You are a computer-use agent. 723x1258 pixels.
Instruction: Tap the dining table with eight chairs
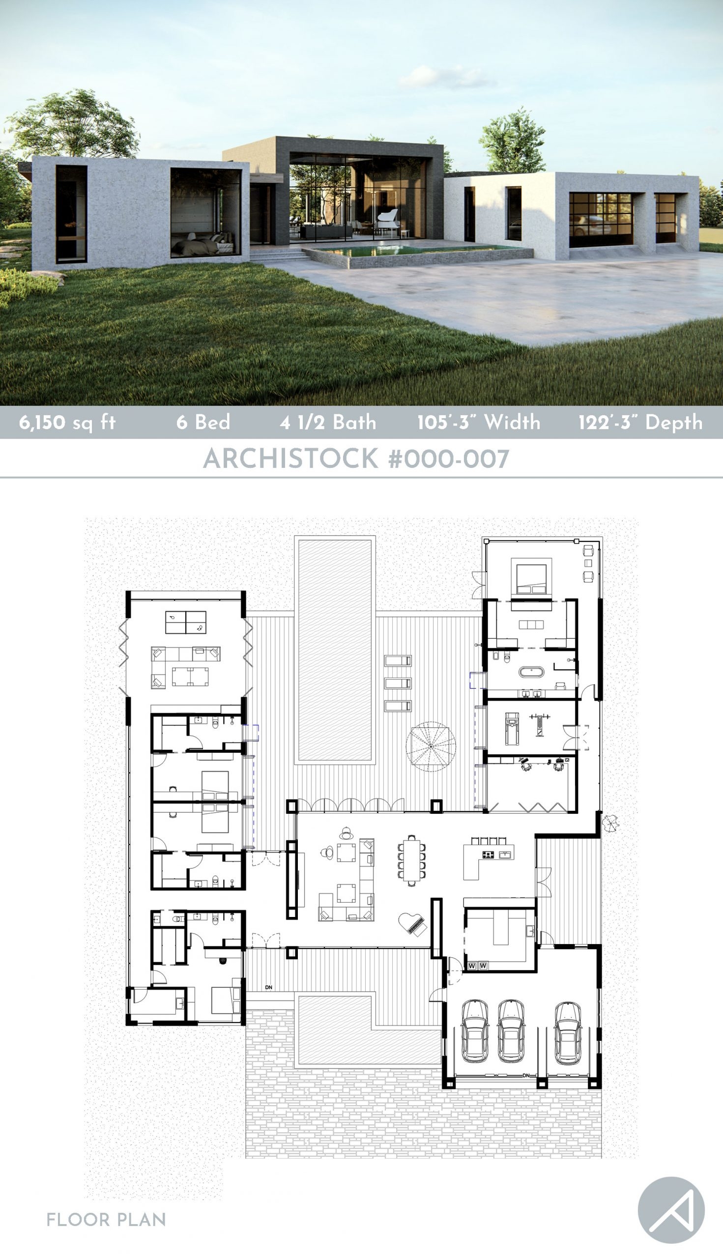tap(411, 861)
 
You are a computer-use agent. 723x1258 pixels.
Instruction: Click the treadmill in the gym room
tap(512, 728)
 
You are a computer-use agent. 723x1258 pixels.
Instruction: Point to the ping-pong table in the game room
tap(185, 622)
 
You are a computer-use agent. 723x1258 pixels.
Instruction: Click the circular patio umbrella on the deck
tap(431, 746)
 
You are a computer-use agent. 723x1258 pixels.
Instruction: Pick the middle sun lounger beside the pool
tap(398, 683)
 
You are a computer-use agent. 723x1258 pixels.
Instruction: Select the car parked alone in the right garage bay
tap(568, 1032)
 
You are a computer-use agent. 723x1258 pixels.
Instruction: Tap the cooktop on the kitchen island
tap(488, 855)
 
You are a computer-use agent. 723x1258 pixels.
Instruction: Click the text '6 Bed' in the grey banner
tap(203, 422)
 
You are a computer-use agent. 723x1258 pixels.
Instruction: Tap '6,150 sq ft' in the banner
tap(67, 423)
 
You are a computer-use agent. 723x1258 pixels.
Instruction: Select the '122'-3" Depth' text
tap(640, 422)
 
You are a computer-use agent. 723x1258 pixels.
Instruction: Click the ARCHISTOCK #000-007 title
tap(356, 458)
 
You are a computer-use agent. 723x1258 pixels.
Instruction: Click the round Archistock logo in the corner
tap(671, 1210)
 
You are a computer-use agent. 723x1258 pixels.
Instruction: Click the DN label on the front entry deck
tap(269, 987)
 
